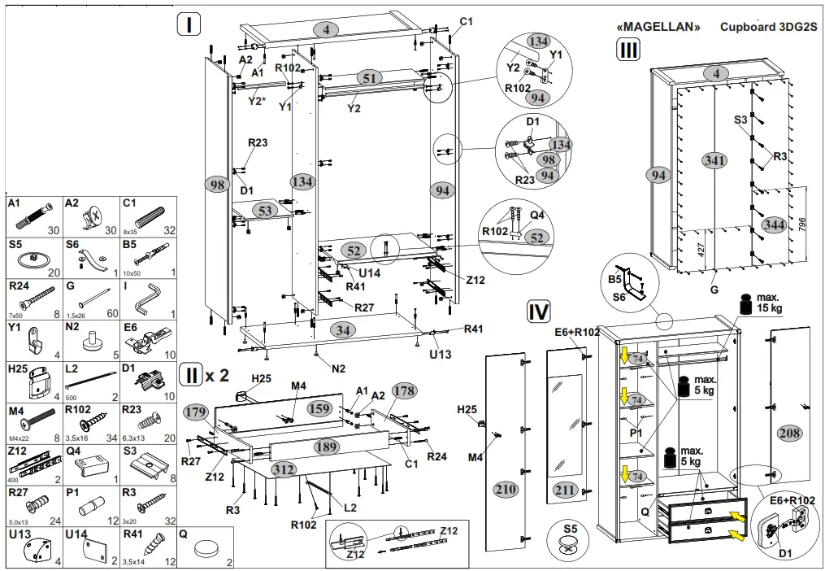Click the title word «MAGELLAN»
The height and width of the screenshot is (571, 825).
point(659,26)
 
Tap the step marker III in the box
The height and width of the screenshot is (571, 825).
point(628,51)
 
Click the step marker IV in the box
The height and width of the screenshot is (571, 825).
point(539,311)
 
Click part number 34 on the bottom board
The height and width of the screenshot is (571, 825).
point(344,330)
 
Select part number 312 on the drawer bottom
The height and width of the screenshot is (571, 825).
point(284,469)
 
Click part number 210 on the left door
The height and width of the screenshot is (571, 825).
point(506,489)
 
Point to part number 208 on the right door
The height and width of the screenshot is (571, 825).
point(788,431)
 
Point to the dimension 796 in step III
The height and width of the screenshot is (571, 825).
point(802,224)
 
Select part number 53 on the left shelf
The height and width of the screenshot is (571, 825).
point(263,210)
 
